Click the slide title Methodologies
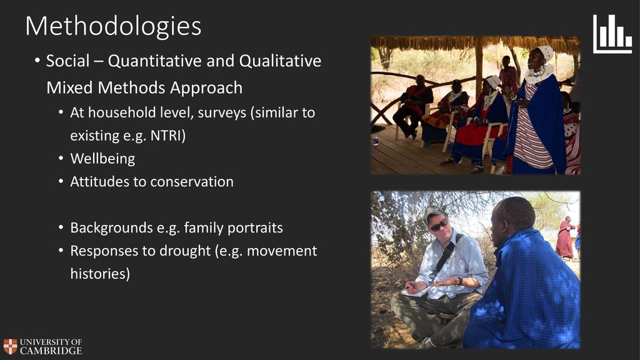(114, 26)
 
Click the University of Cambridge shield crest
(10, 346)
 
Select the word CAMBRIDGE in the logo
(51, 351)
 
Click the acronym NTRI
(165, 135)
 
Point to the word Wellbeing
(102, 159)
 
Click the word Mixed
(69, 87)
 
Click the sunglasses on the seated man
(439, 225)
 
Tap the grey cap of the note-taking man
(433, 214)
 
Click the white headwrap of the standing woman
(545, 52)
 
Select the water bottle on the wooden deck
(376, 141)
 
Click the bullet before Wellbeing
(61, 158)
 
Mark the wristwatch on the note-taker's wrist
(460, 281)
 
